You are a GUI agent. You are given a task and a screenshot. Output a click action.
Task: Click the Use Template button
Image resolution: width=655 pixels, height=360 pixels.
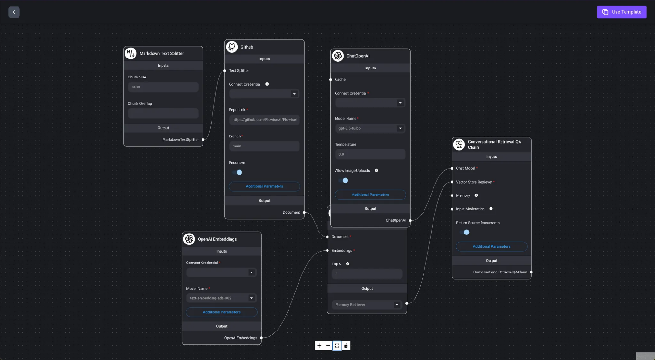[x=622, y=12]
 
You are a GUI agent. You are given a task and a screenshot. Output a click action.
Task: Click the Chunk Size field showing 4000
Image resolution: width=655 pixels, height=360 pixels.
[x=163, y=87]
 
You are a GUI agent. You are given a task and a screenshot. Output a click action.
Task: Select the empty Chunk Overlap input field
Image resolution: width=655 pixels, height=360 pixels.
[x=163, y=113]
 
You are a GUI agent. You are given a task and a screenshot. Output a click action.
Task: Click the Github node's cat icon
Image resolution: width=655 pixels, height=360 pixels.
[x=232, y=47]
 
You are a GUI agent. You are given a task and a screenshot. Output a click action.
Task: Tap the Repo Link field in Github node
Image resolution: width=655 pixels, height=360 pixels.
[x=264, y=120]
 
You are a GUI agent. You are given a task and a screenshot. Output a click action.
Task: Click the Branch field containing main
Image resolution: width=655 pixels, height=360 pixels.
[x=264, y=146]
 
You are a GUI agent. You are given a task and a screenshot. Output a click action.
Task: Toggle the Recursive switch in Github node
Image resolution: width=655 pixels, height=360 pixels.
[x=237, y=172]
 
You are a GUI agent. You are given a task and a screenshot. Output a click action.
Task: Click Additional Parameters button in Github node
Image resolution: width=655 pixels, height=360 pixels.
[x=264, y=186]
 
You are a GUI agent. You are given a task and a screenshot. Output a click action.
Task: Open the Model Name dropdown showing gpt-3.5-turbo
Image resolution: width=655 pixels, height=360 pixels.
[x=370, y=128]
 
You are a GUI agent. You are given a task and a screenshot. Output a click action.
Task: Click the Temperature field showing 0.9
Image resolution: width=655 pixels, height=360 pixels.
[x=370, y=154]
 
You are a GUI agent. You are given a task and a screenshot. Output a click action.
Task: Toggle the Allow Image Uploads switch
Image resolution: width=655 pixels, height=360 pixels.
[x=343, y=180]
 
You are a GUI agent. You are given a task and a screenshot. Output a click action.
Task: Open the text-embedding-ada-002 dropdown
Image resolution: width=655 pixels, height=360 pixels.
[x=222, y=298]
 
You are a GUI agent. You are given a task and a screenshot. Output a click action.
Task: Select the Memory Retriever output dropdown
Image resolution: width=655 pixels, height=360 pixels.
[x=367, y=304]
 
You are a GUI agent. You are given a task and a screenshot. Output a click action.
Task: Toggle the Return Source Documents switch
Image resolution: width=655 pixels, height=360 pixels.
[x=464, y=232]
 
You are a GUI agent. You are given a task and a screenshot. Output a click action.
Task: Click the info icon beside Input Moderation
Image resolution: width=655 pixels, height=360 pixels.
[x=491, y=209]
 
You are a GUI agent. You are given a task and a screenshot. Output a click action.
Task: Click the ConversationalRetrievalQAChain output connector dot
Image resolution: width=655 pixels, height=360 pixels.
[x=531, y=272]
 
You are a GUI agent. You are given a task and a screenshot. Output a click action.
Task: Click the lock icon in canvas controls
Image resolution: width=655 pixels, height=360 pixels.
[x=346, y=346]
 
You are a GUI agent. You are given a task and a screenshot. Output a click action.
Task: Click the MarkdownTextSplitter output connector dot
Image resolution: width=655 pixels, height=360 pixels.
[x=203, y=139]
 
